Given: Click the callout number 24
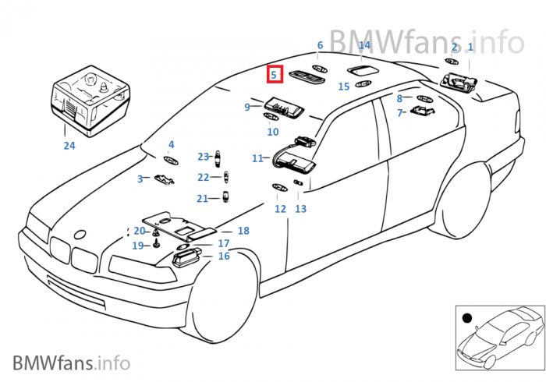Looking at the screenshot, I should (x=69, y=145).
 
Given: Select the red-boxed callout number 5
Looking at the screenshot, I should (x=274, y=75).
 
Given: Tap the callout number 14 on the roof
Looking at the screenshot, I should (x=364, y=46).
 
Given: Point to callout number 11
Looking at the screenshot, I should (x=257, y=158).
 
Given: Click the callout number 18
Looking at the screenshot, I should (x=243, y=231).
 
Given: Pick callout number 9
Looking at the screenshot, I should (x=247, y=107).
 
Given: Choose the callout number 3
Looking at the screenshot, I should (x=140, y=179).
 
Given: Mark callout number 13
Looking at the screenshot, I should (x=300, y=209).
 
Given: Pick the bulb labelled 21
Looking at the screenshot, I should (x=226, y=196).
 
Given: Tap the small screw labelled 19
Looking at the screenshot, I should (x=156, y=245).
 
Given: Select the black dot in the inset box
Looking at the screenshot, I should (x=466, y=317).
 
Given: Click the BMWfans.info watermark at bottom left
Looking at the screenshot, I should (x=71, y=363).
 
